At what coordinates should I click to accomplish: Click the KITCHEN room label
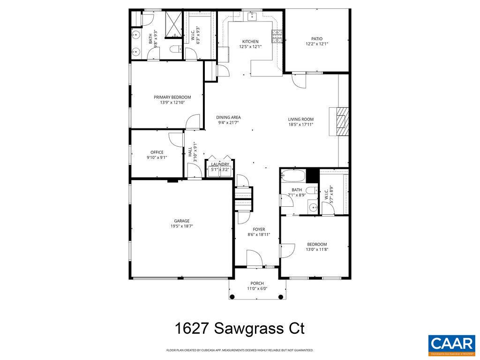click(250, 41)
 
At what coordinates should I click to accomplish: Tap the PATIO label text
click(317, 39)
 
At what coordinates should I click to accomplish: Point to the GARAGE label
click(182, 221)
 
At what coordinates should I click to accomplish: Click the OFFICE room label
click(157, 152)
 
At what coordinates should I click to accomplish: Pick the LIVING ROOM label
click(301, 119)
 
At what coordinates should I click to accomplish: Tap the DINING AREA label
click(229, 117)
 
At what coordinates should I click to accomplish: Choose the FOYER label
click(259, 229)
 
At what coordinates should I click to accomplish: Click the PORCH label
click(257, 283)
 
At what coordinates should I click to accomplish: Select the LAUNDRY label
click(220, 164)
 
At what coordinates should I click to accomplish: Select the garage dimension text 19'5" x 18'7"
click(182, 226)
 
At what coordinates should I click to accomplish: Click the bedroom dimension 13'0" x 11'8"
click(317, 249)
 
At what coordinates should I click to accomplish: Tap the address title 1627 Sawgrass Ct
click(240, 328)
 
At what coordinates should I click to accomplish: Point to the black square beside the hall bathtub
click(312, 175)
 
